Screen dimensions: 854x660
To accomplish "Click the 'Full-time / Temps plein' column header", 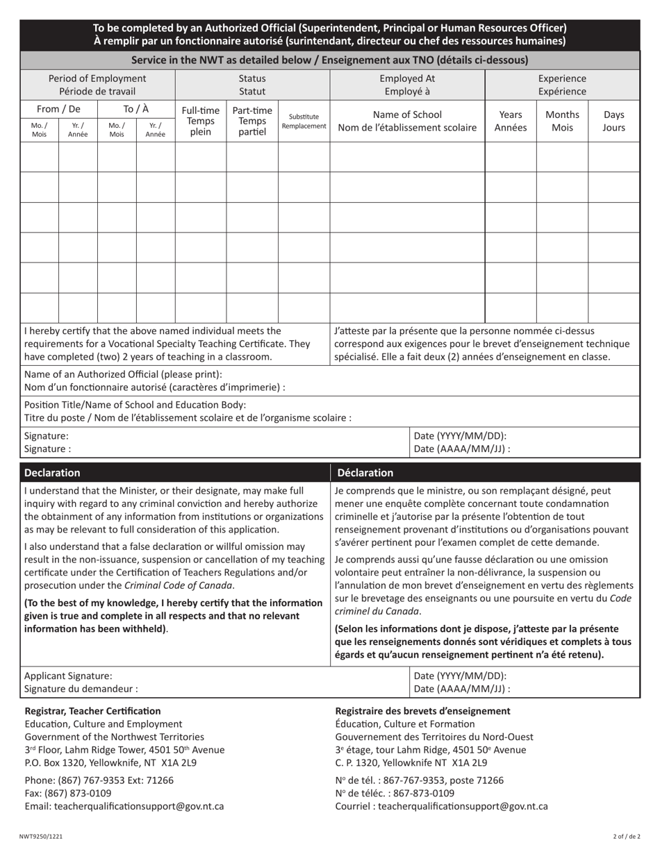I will click(200, 121).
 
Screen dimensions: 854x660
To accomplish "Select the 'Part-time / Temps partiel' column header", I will click(252, 121).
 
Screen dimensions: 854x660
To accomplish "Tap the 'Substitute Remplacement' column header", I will click(304, 122).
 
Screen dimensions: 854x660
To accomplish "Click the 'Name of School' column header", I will click(406, 121).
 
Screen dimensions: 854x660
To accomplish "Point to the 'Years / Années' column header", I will click(510, 121).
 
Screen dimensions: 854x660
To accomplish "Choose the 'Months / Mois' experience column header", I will click(562, 121).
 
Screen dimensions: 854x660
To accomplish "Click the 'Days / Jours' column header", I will click(614, 121).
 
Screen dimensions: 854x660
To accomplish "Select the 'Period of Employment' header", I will click(97, 85).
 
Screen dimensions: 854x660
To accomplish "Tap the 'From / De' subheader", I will click(58, 109).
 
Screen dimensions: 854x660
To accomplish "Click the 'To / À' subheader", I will click(136, 109).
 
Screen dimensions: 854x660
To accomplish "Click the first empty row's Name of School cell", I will click(406, 156).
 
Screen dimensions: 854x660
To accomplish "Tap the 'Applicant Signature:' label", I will click(68, 676).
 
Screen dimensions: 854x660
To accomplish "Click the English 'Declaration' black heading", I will click(52, 473).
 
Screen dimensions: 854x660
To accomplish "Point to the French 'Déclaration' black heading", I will click(365, 473).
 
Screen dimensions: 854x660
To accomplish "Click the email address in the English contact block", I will click(124, 806).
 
